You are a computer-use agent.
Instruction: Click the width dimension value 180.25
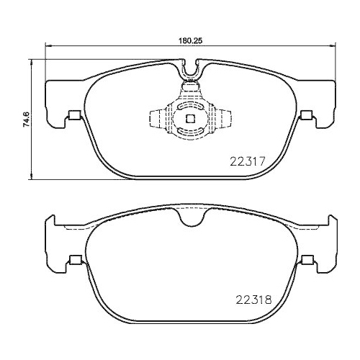pyautogui.click(x=189, y=41)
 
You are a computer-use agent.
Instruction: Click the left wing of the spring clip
pyautogui.click(x=155, y=118)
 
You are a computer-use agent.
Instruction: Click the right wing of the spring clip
pyautogui.click(x=228, y=118)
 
